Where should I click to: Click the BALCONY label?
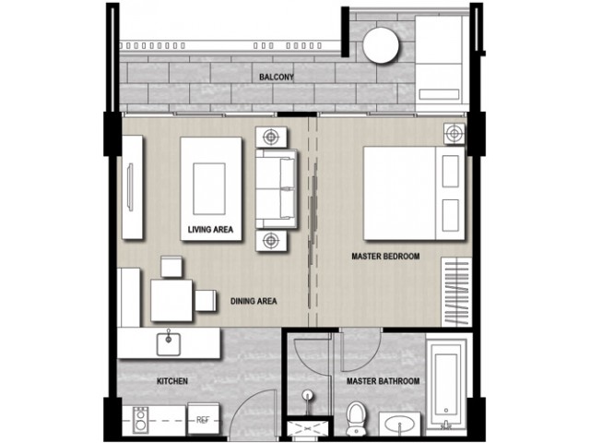(277, 78)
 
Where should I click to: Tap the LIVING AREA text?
(210, 230)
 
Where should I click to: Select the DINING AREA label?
(254, 301)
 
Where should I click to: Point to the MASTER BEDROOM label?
(385, 257)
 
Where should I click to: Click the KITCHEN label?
(172, 381)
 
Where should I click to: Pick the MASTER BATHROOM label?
(383, 381)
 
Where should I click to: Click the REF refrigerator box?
(203, 420)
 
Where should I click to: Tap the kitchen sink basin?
(168, 344)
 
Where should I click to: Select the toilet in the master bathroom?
(354, 417)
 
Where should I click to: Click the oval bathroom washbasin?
(399, 425)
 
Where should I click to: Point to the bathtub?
(446, 384)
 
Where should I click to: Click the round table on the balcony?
(381, 45)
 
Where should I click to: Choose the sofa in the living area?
(277, 189)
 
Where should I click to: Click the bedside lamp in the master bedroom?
(454, 133)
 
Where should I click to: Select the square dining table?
(172, 300)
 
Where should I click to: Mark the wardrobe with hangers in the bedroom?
(456, 293)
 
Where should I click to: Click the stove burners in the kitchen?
(140, 420)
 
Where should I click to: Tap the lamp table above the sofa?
(271, 137)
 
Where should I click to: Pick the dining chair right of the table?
(206, 300)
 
